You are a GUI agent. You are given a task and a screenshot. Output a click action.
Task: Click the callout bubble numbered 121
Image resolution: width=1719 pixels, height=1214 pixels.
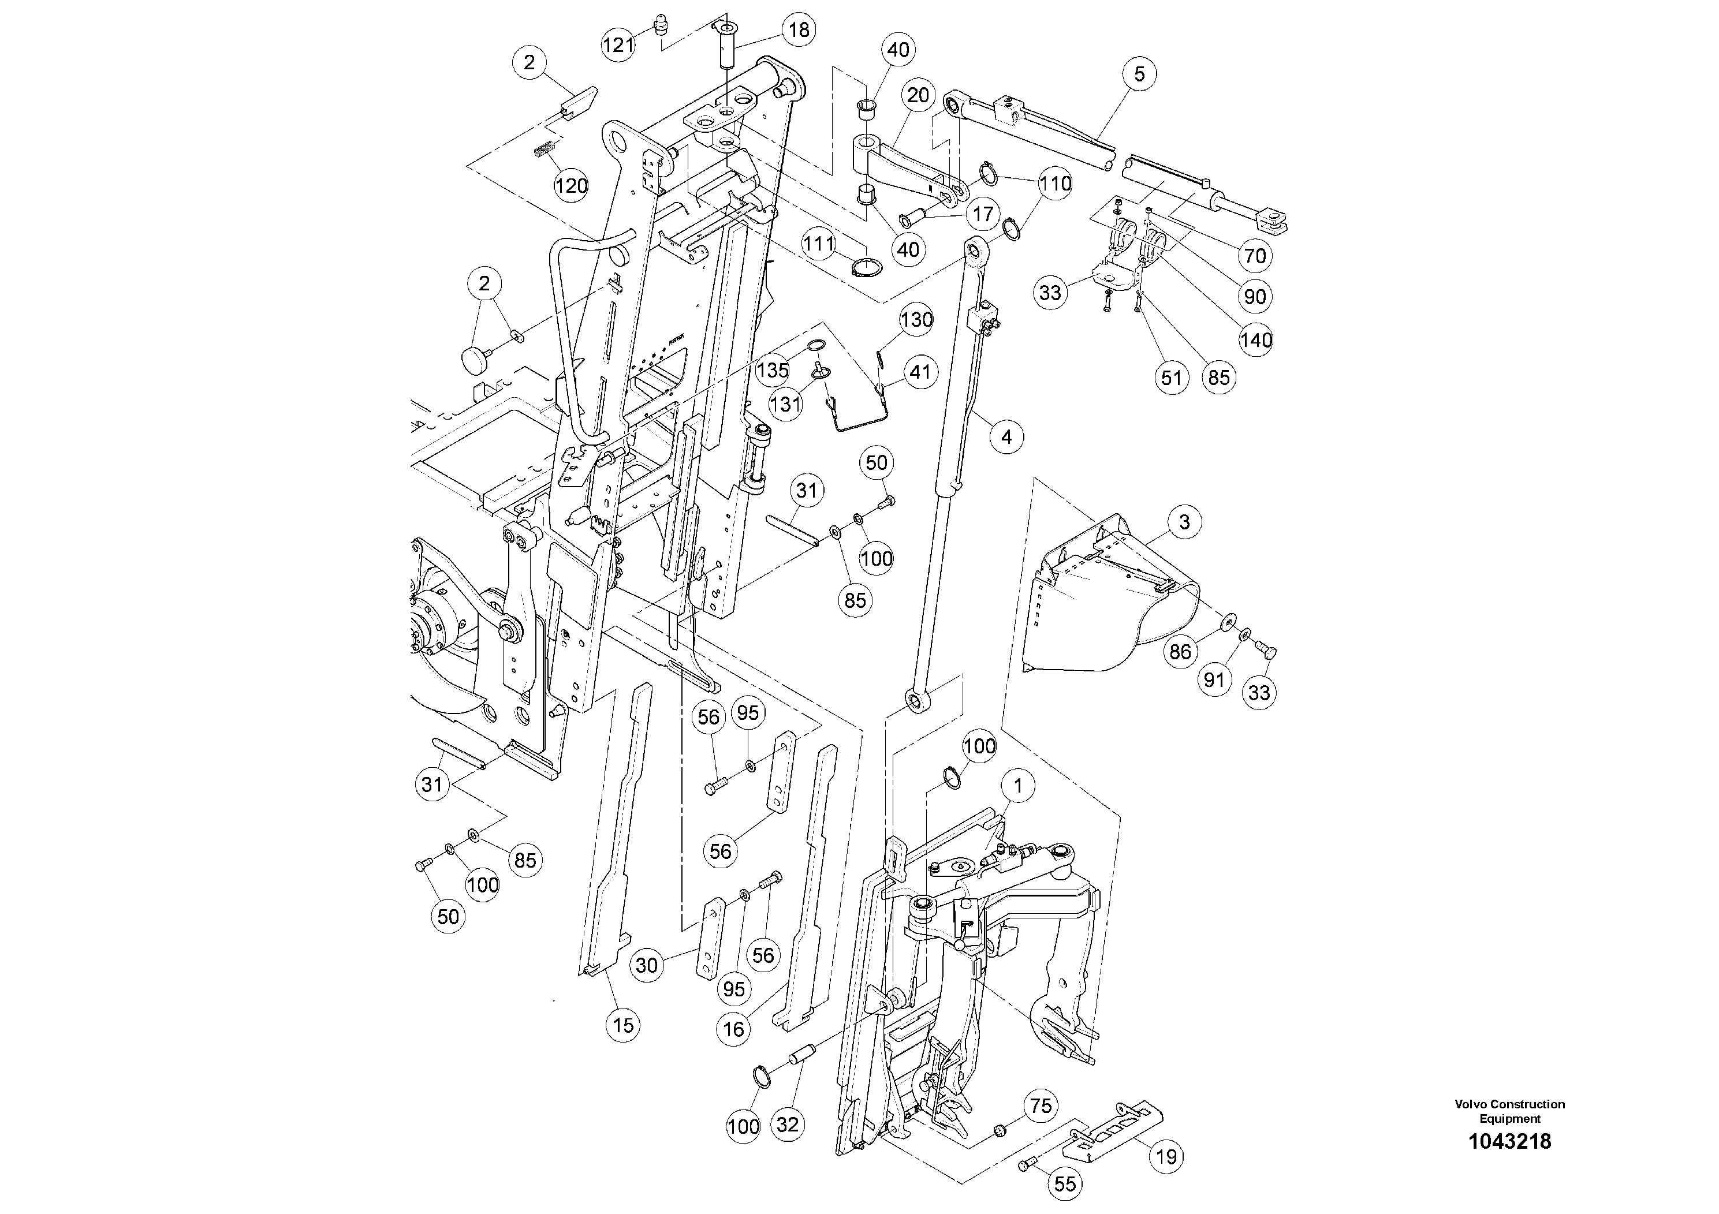[618, 45]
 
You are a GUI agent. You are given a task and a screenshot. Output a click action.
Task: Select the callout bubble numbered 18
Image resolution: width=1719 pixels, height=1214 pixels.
[799, 30]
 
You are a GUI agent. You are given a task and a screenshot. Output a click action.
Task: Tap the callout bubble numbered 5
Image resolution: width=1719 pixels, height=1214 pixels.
[1139, 73]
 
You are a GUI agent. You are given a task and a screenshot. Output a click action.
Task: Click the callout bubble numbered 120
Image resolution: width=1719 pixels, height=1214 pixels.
[571, 186]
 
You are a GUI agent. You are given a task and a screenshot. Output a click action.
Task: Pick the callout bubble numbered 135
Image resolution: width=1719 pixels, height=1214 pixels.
[773, 369]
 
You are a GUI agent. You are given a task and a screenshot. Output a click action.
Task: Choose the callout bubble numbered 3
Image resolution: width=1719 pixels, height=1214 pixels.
[1184, 522]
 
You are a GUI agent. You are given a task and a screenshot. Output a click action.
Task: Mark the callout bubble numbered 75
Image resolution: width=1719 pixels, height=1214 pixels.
[1041, 1106]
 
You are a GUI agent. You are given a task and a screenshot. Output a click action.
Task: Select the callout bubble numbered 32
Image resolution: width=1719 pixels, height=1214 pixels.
[787, 1125]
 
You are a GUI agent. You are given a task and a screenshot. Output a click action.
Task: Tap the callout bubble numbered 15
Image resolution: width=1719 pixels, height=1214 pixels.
[623, 1025]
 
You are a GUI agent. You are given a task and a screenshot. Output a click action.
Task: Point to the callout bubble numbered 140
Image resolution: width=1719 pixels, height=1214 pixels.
[1255, 341]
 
